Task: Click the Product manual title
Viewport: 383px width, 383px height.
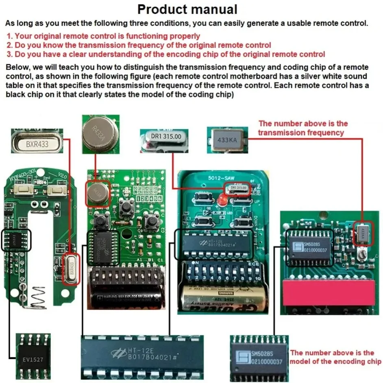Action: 187,9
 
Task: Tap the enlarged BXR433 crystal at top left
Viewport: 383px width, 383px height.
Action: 37,143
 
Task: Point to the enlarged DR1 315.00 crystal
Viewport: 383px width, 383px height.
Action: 165,137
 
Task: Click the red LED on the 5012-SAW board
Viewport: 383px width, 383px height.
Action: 222,200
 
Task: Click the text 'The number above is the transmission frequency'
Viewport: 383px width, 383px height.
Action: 303,128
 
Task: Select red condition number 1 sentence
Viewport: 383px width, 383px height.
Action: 103,36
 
